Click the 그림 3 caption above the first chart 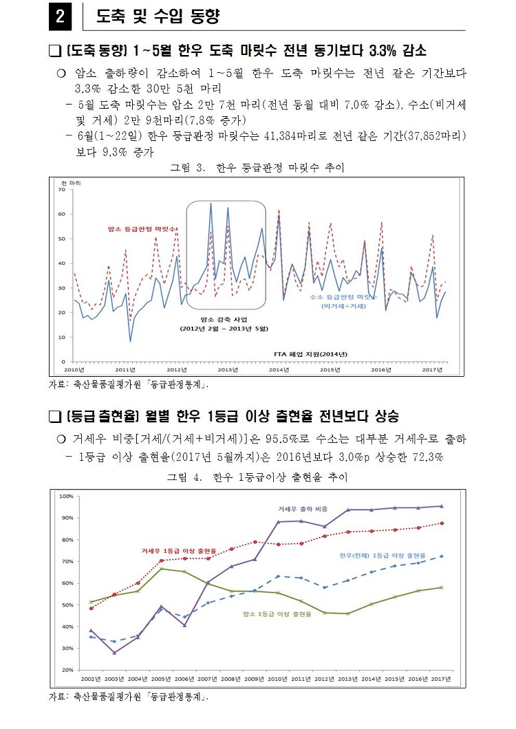(x=257, y=167)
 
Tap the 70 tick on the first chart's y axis (x=61, y=190)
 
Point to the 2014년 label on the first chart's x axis (x=279, y=369)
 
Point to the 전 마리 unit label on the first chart (x=70, y=182)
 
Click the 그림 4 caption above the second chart (x=257, y=477)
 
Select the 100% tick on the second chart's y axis (x=66, y=496)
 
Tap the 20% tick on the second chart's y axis (x=67, y=669)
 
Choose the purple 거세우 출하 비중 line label (x=302, y=509)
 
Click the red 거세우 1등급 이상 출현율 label (x=179, y=551)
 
